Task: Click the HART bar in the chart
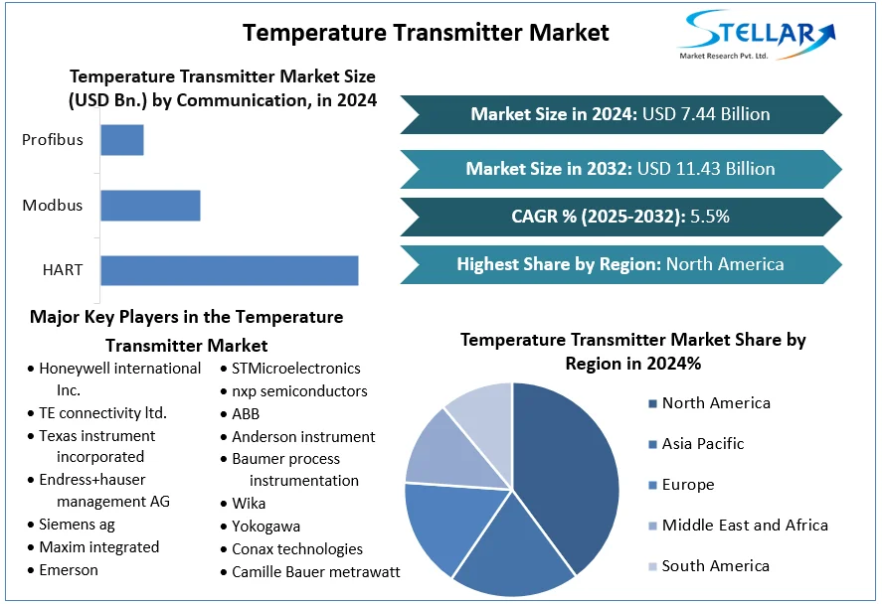[x=230, y=270]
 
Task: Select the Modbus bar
[x=151, y=205]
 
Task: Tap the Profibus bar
[x=122, y=140]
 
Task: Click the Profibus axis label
[x=53, y=140]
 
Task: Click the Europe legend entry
[x=681, y=485]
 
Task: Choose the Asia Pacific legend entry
[x=696, y=444]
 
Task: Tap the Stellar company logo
[x=756, y=35]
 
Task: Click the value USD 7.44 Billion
[x=706, y=114]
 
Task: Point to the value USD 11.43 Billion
[x=706, y=169]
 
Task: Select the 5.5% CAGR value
[x=710, y=217]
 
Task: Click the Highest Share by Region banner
[x=620, y=264]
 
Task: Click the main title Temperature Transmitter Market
[x=426, y=33]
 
